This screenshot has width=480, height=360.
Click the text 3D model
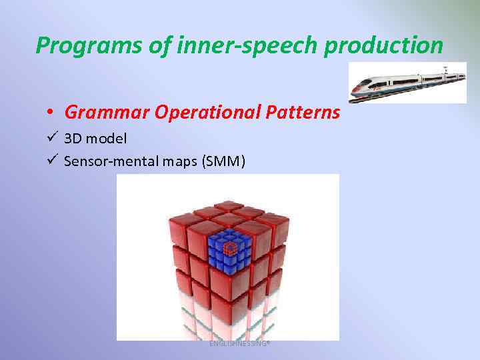tap(95, 139)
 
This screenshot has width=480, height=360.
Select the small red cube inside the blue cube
tap(229, 249)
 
